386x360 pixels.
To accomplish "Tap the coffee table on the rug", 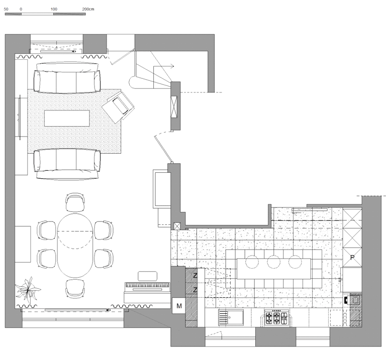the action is (x=67, y=118).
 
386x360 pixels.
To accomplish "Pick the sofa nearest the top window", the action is (x=67, y=80).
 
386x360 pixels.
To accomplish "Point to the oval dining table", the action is (x=75, y=243).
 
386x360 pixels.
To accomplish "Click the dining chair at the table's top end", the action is (x=75, y=203).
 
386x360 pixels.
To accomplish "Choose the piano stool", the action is (x=147, y=275).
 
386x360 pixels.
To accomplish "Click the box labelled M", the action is (x=179, y=304).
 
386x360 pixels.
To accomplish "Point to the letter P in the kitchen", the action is (x=353, y=256).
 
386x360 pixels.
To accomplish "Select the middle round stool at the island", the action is (x=273, y=261).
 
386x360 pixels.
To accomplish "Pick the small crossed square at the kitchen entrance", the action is (x=176, y=225).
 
